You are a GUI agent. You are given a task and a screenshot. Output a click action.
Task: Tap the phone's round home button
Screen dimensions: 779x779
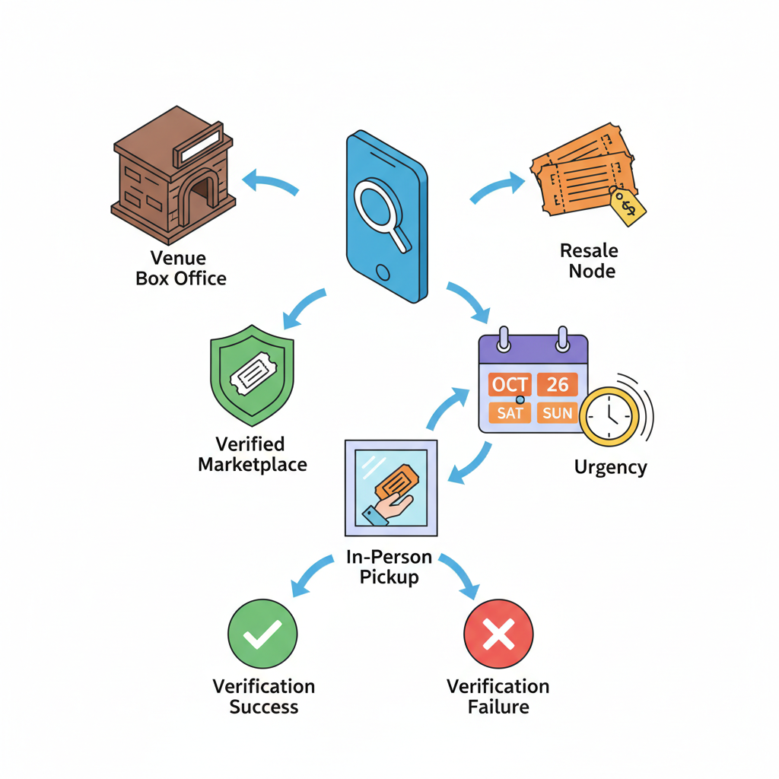click(x=383, y=272)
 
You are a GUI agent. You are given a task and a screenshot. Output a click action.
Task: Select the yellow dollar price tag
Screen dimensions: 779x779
click(x=627, y=205)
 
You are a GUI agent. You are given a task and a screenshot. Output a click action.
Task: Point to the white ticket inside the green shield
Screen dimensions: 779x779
click(x=253, y=373)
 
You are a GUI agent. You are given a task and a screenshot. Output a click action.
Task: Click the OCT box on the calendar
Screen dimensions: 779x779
click(x=510, y=384)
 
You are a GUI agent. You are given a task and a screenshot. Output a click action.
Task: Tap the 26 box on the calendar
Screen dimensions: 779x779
click(x=558, y=384)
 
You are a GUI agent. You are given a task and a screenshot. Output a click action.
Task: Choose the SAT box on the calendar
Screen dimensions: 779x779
click(x=510, y=413)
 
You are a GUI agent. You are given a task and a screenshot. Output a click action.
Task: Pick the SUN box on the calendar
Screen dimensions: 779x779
click(x=557, y=413)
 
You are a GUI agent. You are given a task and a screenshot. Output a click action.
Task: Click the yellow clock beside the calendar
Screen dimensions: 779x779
click(x=609, y=416)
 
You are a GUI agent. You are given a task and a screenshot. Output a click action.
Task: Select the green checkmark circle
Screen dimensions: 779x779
click(x=262, y=634)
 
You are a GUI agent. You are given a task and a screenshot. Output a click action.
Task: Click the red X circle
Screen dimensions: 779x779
click(x=498, y=634)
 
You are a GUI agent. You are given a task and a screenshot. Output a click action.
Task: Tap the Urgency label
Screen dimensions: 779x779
click(x=611, y=468)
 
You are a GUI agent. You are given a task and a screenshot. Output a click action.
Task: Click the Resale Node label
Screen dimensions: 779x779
click(x=590, y=261)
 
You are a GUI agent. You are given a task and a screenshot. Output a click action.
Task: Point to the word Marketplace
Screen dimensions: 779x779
click(x=253, y=465)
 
